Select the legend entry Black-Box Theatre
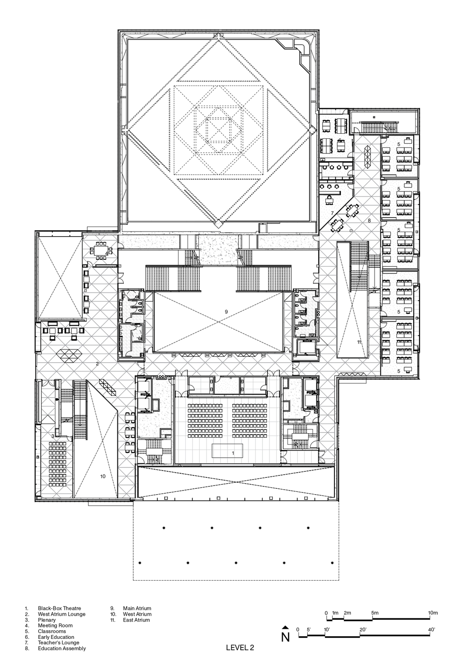[59, 608]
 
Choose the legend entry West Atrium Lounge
[61, 614]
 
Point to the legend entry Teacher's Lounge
[58, 643]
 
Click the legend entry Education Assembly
[62, 648]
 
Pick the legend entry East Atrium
[136, 620]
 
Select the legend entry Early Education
[56, 637]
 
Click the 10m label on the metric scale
[433, 613]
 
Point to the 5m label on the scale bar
[375, 613]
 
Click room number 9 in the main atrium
[226, 312]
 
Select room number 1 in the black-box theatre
[233, 453]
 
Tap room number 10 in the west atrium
[102, 476]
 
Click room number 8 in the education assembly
[369, 221]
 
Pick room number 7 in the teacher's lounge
[332, 213]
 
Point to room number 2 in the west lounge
[97, 364]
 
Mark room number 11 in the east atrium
[359, 342]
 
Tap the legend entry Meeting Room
[55, 625]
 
